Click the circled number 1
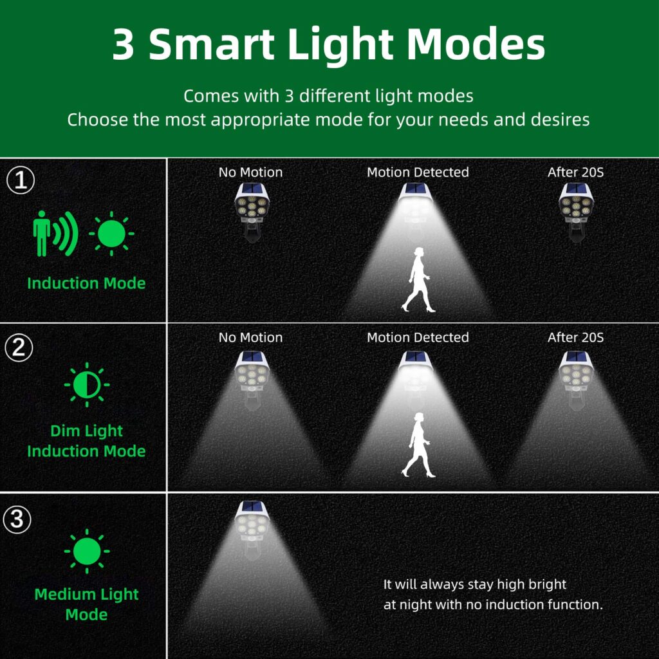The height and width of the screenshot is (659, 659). [21, 180]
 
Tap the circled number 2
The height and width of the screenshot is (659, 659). [19, 348]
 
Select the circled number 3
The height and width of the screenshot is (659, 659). [17, 519]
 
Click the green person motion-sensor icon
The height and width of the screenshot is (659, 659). [55, 233]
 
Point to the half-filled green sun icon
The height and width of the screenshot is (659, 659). [87, 385]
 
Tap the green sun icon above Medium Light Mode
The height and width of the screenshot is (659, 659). [87, 551]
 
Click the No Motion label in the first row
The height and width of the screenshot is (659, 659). [250, 172]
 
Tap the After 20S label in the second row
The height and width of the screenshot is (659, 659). [575, 337]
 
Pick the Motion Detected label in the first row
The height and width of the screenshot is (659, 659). [418, 172]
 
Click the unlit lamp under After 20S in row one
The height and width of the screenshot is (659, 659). [576, 212]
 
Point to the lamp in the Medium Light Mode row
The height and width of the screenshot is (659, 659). [252, 530]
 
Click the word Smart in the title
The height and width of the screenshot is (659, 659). [211, 44]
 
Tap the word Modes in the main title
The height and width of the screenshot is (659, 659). [476, 44]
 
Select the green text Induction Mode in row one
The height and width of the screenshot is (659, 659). [87, 283]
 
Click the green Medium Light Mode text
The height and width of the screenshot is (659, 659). [87, 604]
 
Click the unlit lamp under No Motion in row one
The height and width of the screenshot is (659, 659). [252, 212]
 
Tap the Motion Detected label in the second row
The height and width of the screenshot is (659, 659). [418, 337]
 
